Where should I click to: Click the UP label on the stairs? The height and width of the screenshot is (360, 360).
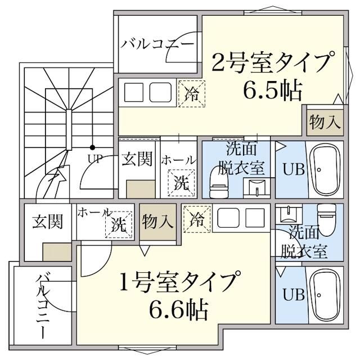pyautogui.click(x=94, y=158)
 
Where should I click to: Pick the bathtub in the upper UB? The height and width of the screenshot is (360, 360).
pyautogui.click(x=325, y=169)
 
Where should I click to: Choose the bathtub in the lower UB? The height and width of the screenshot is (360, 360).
pyautogui.click(x=325, y=294)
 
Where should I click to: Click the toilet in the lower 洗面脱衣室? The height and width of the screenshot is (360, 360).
pyautogui.click(x=326, y=215)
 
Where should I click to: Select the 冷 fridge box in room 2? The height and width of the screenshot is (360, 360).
pyautogui.click(x=192, y=93)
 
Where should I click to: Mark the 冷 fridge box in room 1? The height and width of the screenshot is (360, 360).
pyautogui.click(x=197, y=218)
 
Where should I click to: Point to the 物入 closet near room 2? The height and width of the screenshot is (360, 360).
pyautogui.click(x=325, y=121)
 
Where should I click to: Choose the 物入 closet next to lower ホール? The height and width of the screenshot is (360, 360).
pyautogui.click(x=157, y=222)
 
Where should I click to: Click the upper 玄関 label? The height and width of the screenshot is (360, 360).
pyautogui.click(x=137, y=159)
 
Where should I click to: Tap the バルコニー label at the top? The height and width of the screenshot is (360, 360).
pyautogui.click(x=157, y=44)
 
